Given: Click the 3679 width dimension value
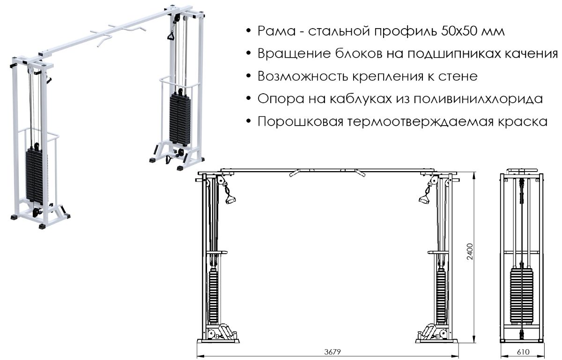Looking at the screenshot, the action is click(333, 352).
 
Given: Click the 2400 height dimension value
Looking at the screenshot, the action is click(470, 252).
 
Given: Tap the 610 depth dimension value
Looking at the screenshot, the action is click(523, 352).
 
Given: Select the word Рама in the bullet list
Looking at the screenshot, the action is click(276, 31).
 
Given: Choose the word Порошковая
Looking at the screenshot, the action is click(300, 122).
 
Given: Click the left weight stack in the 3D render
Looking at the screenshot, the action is click(37, 175).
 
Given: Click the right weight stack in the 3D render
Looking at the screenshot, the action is click(180, 119).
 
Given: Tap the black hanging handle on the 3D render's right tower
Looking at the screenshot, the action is click(171, 36).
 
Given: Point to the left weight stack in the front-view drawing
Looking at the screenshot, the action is click(213, 296).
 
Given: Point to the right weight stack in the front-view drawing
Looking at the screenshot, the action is click(441, 296).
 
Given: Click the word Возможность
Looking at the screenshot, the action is click(303, 76).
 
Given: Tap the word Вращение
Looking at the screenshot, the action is click(294, 54).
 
